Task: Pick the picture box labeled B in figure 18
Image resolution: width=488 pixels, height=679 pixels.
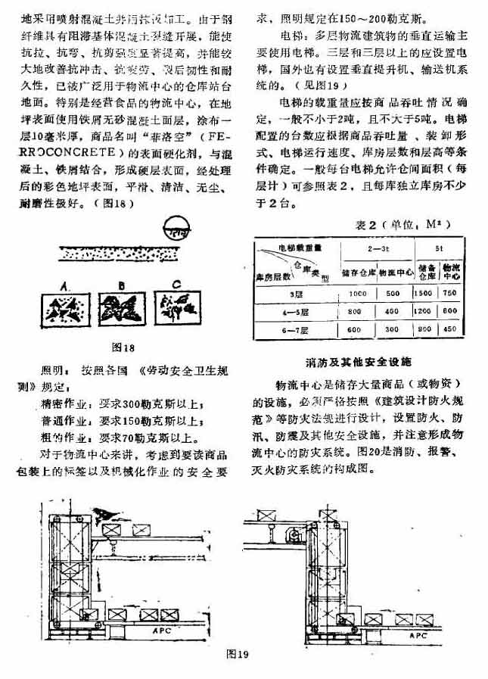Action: (120, 308)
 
